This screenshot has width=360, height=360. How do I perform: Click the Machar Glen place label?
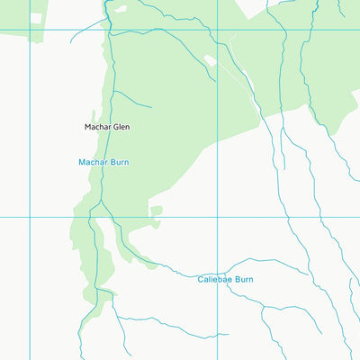point(106,127)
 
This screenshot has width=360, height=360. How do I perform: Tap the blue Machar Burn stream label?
point(104,162)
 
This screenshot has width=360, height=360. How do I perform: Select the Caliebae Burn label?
point(225,280)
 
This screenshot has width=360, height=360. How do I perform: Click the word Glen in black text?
point(121,127)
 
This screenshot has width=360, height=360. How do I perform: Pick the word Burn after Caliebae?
point(244,280)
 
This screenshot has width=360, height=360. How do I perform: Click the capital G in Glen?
point(114,127)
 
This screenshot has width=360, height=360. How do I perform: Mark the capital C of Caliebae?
point(201,280)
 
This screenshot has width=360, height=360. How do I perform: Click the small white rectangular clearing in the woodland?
point(35,17)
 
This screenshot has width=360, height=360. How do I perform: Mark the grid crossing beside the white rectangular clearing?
point(30,30)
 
